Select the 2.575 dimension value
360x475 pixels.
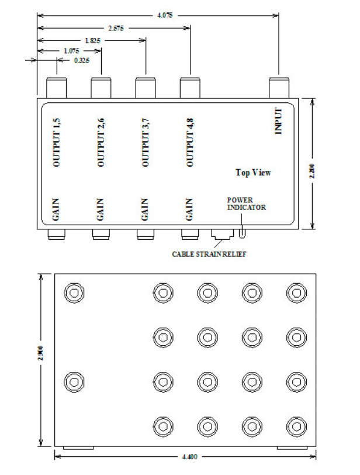pos(116,28)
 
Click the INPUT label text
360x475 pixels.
pos(278,121)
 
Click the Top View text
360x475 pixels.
pos(253,173)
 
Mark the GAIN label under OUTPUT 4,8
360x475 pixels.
pos(189,210)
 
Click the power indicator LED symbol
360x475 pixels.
pos(242,235)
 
